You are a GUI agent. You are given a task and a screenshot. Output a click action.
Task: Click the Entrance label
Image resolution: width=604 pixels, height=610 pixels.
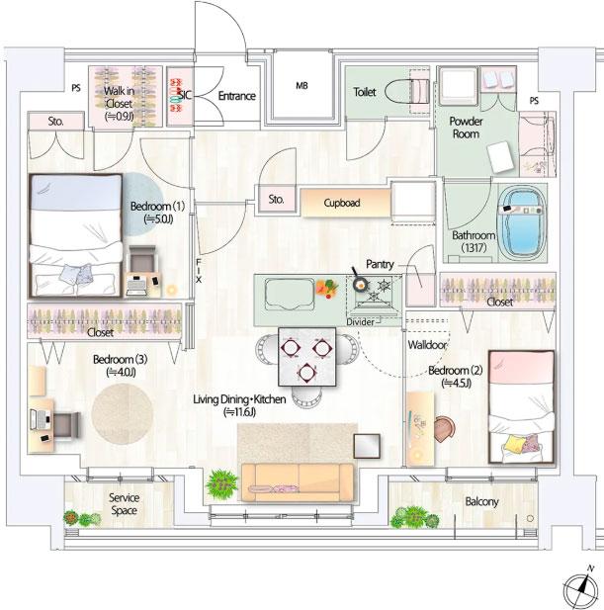236,96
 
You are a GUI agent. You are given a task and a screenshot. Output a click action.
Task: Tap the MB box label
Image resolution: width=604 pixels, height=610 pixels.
302,86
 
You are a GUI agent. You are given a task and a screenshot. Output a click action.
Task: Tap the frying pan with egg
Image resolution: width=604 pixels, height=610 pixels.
358,285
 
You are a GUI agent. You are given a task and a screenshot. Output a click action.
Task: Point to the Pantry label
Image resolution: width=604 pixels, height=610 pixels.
381,265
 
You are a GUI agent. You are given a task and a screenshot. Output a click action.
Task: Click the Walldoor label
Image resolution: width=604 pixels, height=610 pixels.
427,345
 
